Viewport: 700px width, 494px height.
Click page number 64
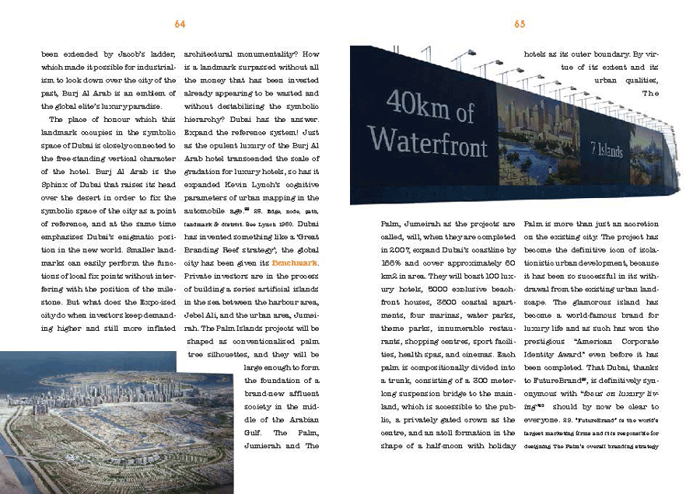click(x=180, y=24)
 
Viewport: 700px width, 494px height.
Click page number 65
click(x=520, y=24)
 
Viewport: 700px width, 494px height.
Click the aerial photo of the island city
click(x=117, y=423)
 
